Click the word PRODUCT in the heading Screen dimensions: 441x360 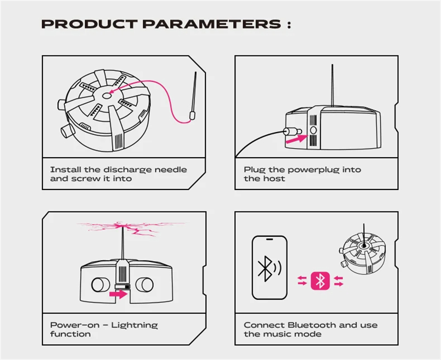(89, 24)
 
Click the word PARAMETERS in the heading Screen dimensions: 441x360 (212, 24)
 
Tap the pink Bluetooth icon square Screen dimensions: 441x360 (320, 281)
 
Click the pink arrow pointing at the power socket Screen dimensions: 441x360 (297, 139)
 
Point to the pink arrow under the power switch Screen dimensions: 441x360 (118, 294)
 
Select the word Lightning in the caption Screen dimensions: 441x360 (135, 326)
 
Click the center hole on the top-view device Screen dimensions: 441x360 (107, 96)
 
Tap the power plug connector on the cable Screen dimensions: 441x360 (292, 131)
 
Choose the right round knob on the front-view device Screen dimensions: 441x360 (145, 284)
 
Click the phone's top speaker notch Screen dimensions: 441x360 (269, 239)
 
